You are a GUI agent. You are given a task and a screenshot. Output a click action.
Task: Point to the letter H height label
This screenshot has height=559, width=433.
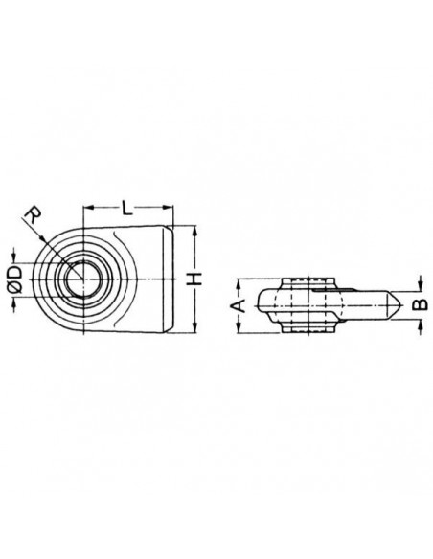(x=195, y=279)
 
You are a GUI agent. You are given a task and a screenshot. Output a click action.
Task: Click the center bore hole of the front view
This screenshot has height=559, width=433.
(x=85, y=277)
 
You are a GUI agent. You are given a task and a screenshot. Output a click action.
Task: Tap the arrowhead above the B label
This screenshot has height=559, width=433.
(x=419, y=287)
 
